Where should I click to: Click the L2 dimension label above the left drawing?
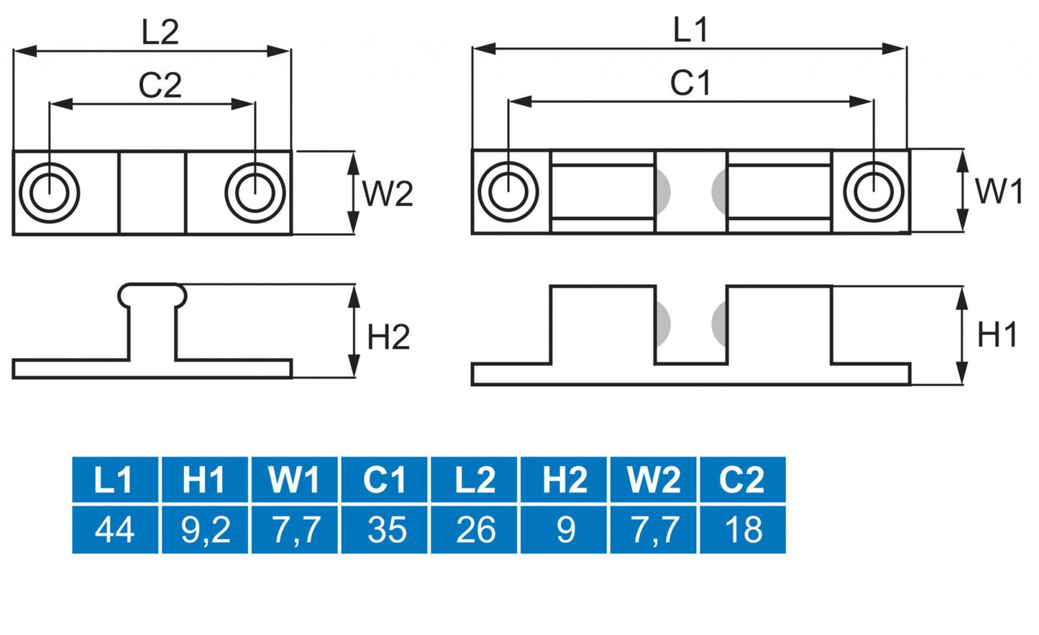(160, 33)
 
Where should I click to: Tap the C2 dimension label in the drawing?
(160, 86)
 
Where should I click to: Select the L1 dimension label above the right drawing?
(690, 31)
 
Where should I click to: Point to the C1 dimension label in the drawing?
(690, 83)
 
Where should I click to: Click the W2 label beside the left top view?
(388, 194)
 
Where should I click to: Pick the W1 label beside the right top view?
(998, 192)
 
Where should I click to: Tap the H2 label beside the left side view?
(388, 337)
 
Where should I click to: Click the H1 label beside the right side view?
(997, 335)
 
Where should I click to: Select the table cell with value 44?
(115, 530)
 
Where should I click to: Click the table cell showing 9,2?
(205, 530)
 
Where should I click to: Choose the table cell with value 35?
(385, 530)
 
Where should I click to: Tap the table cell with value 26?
(475, 530)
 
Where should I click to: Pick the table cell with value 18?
(743, 530)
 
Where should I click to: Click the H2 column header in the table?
(564, 480)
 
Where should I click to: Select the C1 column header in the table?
(385, 480)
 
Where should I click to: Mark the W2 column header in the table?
(654, 480)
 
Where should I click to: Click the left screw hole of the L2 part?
(49, 193)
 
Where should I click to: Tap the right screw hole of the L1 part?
(873, 192)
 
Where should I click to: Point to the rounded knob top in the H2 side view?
(152, 292)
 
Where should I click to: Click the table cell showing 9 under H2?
(564, 530)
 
